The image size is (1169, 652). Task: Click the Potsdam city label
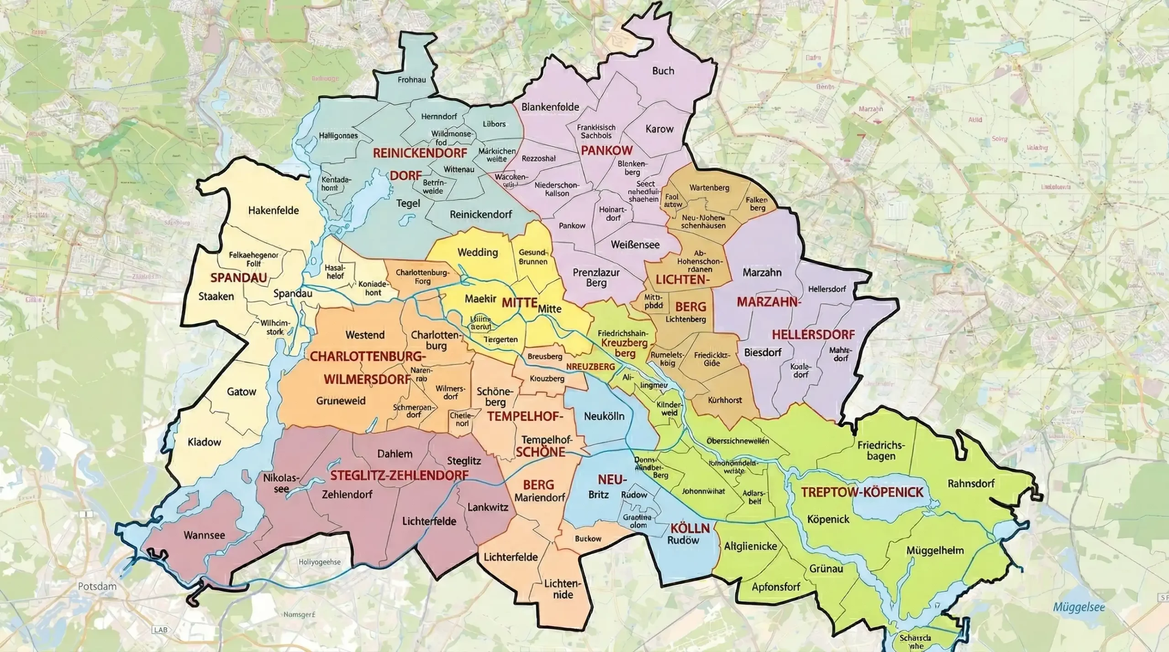(x=97, y=586)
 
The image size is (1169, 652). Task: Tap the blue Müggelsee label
(x=1079, y=607)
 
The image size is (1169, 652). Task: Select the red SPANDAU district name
(x=238, y=277)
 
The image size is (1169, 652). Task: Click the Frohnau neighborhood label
(x=411, y=80)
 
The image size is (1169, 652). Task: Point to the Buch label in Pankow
(x=663, y=71)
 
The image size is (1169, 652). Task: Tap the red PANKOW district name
(x=606, y=150)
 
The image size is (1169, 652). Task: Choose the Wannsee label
(x=204, y=535)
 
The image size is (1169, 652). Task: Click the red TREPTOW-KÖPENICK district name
(x=862, y=492)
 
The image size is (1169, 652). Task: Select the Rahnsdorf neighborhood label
(x=971, y=483)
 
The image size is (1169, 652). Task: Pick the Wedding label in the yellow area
(x=478, y=252)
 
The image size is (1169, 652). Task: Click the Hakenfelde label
(x=273, y=210)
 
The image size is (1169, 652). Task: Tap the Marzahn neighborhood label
(x=762, y=272)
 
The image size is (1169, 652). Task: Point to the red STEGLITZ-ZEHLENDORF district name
(x=399, y=475)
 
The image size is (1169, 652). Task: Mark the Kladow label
(x=204, y=442)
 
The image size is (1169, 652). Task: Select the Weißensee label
(x=635, y=245)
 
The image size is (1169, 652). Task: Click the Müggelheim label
(x=935, y=550)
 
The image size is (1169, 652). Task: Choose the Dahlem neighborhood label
(x=395, y=454)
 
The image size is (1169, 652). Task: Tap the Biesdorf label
(x=763, y=352)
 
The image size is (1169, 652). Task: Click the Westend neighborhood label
(x=365, y=335)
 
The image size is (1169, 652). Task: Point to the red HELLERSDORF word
(x=813, y=334)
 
